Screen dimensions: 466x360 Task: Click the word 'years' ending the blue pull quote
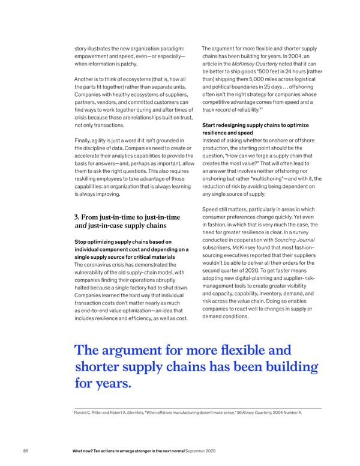tap(114, 382)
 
